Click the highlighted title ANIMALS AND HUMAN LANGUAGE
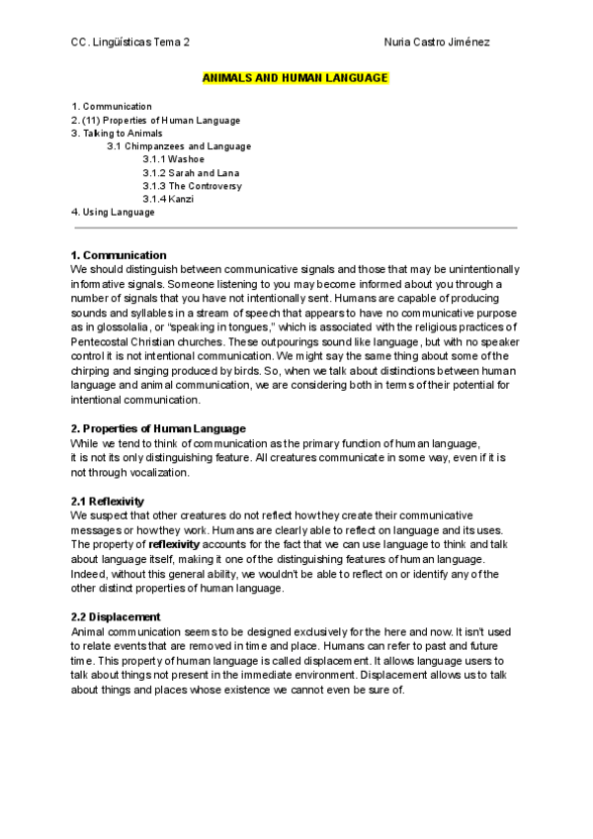(296, 77)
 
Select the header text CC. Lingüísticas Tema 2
(131, 43)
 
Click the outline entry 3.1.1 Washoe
(173, 159)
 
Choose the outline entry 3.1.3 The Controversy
(192, 186)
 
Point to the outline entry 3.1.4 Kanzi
(168, 199)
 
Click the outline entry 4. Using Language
(113, 212)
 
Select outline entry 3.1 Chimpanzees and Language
(179, 146)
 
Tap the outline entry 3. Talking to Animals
(117, 133)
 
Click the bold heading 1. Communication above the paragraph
(119, 255)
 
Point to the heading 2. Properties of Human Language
(158, 428)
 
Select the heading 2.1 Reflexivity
(109, 502)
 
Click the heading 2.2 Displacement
(116, 617)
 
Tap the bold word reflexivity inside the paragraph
(179, 544)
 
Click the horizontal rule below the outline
(295, 228)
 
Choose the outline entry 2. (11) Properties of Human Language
(155, 120)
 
